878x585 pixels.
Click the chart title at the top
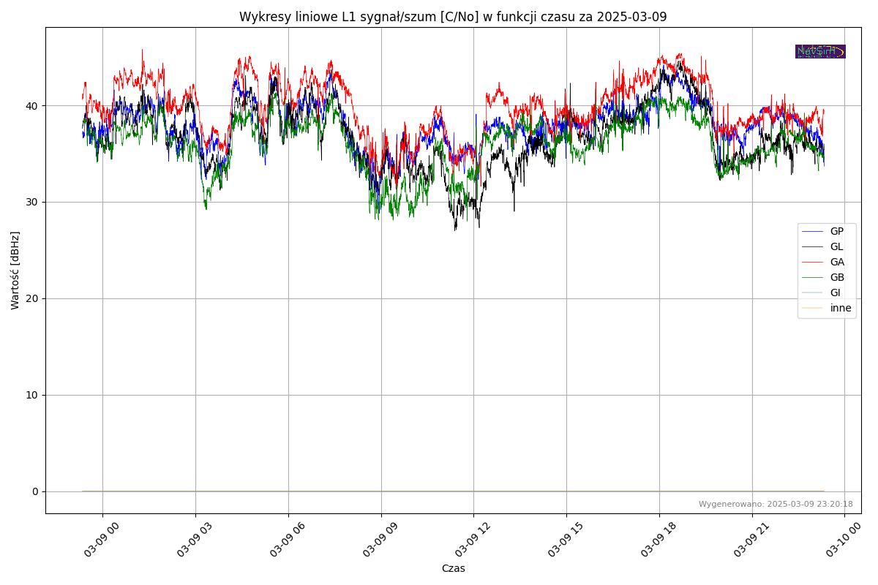pos(453,17)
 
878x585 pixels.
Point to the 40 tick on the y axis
pos(32,105)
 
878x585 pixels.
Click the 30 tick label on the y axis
pos(32,202)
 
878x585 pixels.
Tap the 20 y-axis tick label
pos(32,298)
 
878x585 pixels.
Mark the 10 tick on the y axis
pos(32,395)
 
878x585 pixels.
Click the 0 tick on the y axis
pos(35,491)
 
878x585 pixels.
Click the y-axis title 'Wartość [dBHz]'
pos(15,271)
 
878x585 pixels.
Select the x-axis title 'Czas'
pos(453,568)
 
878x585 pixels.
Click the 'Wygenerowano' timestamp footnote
pos(776,504)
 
